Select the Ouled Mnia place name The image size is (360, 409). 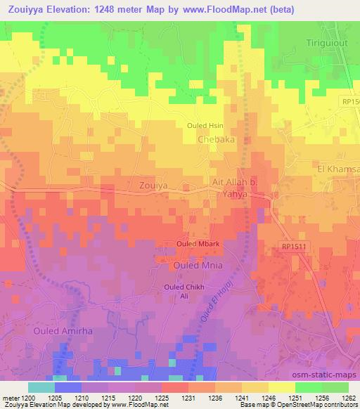198,266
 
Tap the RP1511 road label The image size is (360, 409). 295,248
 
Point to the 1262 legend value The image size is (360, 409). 348,397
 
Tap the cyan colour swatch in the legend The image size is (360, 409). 41,387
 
